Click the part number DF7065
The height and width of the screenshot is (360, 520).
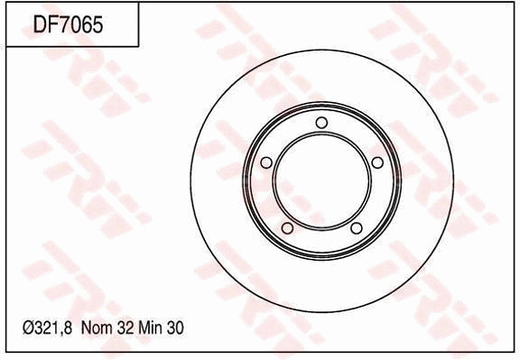click(x=68, y=24)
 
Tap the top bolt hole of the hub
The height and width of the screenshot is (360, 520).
click(x=321, y=124)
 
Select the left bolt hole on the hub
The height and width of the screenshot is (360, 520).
click(x=265, y=163)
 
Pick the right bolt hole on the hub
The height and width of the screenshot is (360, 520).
click(x=377, y=162)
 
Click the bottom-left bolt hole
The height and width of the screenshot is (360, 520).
click(x=287, y=228)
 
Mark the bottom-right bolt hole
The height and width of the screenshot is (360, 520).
click(x=356, y=228)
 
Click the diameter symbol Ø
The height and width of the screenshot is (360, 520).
click(x=25, y=329)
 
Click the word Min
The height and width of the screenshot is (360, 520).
click(x=151, y=329)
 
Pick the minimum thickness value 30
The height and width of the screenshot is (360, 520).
click(x=176, y=329)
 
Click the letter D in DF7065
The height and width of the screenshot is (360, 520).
click(x=41, y=24)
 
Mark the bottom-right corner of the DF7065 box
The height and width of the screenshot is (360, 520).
click(x=138, y=46)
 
